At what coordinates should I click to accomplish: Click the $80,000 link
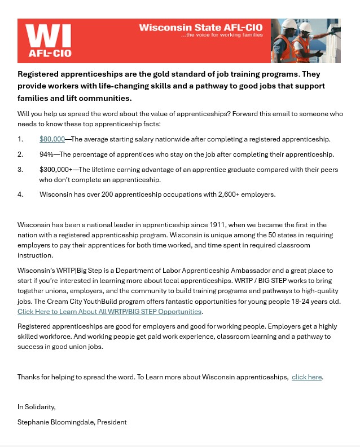click(52, 139)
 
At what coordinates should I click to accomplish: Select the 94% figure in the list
click(46, 154)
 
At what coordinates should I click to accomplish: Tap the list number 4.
click(20, 194)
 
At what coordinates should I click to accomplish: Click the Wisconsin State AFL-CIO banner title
click(201, 28)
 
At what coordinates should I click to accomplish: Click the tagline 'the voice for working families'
click(222, 35)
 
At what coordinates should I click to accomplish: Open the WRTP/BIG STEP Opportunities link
click(109, 311)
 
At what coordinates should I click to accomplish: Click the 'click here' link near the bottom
click(307, 377)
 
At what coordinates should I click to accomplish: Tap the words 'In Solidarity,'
click(37, 406)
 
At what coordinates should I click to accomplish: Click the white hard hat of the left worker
click(289, 25)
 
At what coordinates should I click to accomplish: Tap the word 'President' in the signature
click(112, 422)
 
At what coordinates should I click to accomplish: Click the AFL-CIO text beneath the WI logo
click(50, 54)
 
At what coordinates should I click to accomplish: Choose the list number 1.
click(20, 139)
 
